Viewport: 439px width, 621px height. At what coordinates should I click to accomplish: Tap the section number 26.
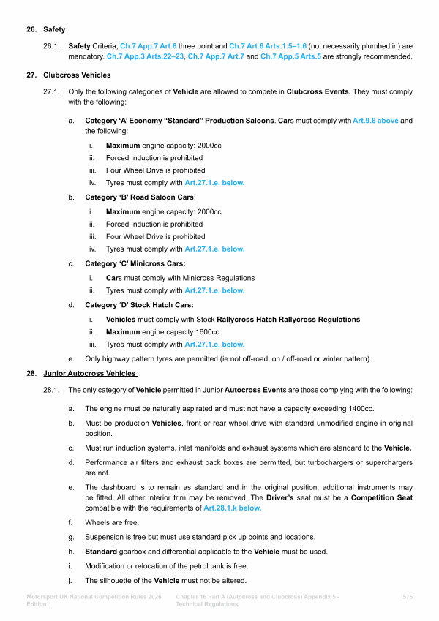tap(31, 30)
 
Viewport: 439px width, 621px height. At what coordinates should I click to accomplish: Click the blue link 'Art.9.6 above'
tap(375, 120)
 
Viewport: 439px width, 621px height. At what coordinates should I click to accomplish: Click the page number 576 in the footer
tap(408, 598)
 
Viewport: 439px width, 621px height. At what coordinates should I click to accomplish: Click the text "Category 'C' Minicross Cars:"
tap(135, 263)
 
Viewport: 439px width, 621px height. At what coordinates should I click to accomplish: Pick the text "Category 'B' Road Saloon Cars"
tap(135, 198)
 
